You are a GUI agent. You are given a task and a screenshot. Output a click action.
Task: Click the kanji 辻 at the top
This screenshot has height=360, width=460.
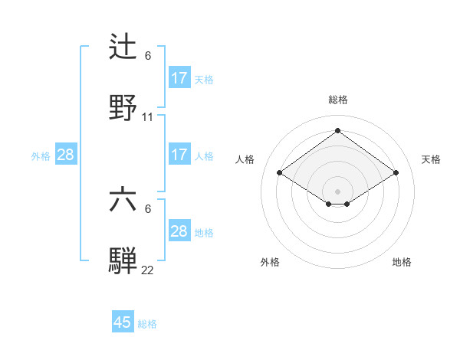point(123,47)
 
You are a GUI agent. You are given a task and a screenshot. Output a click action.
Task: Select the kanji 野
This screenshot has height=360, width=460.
point(123,108)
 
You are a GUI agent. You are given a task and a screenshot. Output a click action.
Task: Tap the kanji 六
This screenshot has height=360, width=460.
point(123,200)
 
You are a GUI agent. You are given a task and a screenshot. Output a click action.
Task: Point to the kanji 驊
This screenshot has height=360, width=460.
point(123,261)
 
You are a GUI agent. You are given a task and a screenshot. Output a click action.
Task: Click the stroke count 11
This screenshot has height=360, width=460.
point(148,117)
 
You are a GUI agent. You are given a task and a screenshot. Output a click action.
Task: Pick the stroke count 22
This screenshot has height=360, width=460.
point(148,270)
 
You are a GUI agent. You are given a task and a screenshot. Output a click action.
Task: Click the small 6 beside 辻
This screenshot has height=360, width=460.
point(148,56)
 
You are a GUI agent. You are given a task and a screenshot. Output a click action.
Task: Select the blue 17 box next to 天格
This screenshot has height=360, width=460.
point(179,78)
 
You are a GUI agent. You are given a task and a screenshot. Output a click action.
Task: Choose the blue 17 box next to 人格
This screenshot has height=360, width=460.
point(179,155)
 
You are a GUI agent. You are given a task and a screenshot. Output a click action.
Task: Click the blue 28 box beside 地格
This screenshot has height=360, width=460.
point(179,231)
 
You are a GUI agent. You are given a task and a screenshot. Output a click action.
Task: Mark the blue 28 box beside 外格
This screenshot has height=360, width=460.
point(66,155)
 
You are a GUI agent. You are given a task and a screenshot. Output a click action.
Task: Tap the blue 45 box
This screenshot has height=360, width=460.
point(123,322)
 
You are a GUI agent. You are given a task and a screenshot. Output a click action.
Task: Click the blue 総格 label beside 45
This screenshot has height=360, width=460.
point(147,324)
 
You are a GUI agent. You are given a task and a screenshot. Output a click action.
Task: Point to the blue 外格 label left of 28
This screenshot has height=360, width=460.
point(41,155)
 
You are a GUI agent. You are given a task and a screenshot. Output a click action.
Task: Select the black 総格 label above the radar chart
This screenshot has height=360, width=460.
point(337,100)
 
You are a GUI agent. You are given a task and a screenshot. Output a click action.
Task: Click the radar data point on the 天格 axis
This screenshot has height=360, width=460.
point(396,173)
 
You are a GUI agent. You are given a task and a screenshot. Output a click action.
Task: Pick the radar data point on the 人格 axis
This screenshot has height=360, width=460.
point(280,173)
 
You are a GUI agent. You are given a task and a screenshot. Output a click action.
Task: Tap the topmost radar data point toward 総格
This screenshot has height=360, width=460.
point(337,131)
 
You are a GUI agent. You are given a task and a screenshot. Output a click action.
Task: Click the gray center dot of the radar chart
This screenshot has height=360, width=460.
point(337,191)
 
